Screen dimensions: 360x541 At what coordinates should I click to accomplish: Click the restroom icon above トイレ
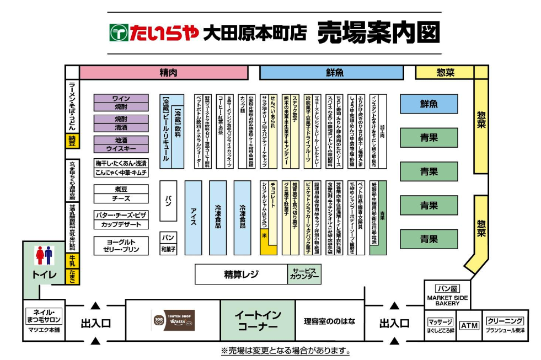point(44,255)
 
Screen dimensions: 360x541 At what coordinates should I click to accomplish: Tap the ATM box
point(469,325)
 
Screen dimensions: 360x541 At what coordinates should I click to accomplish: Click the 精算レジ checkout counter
point(241,274)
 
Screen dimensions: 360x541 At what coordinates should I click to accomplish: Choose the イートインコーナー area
point(258,320)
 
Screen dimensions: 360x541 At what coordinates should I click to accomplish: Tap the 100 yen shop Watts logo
point(173,320)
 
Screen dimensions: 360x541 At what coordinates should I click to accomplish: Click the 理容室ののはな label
point(329,321)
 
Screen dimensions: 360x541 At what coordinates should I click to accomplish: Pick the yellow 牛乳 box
point(72,260)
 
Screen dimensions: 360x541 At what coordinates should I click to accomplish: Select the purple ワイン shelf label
point(121,98)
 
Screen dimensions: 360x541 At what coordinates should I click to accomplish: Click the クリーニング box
point(505,321)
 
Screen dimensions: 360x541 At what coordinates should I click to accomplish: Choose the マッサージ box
point(440,321)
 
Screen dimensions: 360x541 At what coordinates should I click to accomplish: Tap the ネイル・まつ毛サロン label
point(46,315)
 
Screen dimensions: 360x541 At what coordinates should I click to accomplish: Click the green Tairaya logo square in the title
point(119,33)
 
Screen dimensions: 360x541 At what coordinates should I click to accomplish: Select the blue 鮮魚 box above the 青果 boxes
point(429,104)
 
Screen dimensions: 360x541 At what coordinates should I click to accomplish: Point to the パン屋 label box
point(447,288)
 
